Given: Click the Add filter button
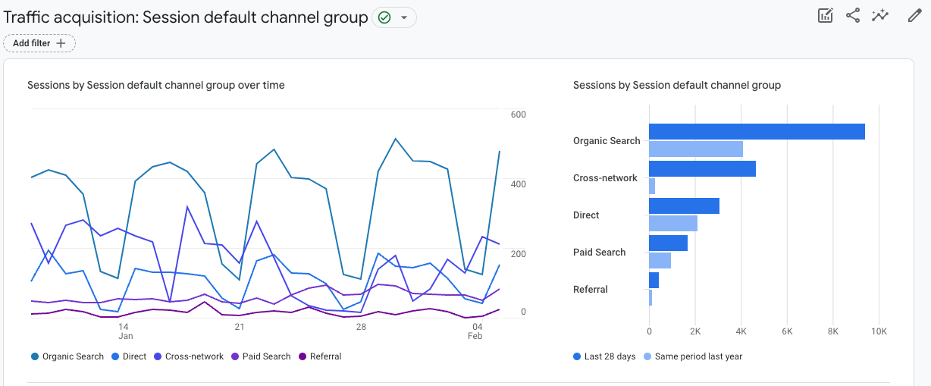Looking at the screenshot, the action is pos(39,43).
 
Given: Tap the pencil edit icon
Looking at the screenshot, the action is pos(914,16).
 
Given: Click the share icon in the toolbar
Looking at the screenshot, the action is pos(853,16).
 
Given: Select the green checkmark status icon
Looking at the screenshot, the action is pos(384,17).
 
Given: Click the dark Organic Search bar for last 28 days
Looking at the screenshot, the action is pos(757,131).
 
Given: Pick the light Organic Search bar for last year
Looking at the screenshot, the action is pos(696,149).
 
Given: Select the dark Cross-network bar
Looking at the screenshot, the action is pos(702,168).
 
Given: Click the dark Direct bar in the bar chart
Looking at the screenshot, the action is pos(684,206).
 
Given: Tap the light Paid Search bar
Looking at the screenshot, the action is pos(660,260).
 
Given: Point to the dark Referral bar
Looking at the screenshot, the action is pos(654,280).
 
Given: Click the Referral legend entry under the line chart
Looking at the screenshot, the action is pos(320,356).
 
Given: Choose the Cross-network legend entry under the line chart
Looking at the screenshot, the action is pos(189,356).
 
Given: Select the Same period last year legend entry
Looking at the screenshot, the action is pos(693,356).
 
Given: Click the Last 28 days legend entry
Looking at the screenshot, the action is pos(604,356).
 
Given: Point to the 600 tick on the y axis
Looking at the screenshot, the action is pos(519,115).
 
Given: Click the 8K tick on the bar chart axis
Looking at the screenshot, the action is pos(833,331).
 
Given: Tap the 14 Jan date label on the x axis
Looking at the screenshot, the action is pos(124,331).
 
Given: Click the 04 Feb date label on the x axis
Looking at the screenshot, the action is pos(476,331).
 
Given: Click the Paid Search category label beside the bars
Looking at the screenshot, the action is pos(600,252).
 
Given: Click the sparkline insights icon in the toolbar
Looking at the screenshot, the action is pos(880,16).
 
